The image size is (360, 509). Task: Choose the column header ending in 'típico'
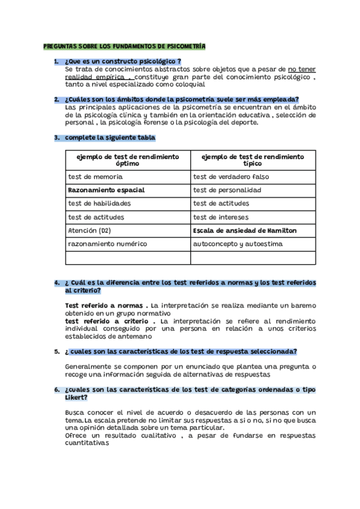(x=253, y=160)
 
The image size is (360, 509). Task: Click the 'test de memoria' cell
(x=95, y=177)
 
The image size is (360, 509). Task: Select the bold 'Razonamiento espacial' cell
(x=106, y=190)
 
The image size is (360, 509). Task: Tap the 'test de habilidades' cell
(x=99, y=203)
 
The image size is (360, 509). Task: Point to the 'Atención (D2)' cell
(x=89, y=230)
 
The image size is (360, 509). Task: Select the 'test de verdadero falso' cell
(x=231, y=177)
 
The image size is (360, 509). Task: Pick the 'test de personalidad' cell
(x=227, y=190)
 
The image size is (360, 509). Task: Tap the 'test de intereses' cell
(x=221, y=217)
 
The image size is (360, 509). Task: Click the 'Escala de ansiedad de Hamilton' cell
(x=244, y=230)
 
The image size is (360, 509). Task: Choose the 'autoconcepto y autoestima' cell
(x=237, y=244)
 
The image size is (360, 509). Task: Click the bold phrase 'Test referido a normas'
(x=104, y=306)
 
